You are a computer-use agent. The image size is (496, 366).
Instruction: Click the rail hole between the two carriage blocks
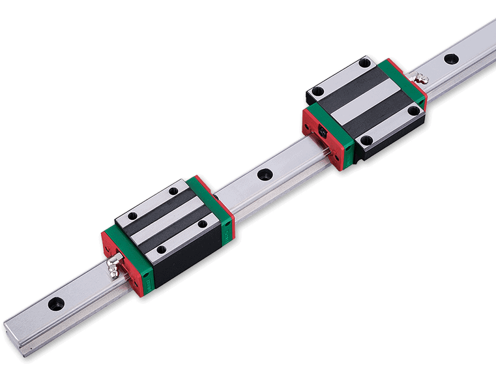click(265, 175)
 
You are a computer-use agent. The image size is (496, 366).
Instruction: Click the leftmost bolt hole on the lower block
click(133, 215)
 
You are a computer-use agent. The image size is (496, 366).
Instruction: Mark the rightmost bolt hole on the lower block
click(202, 224)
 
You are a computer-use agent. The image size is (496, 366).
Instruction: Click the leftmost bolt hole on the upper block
click(317, 91)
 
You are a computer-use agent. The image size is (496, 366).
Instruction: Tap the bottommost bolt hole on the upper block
click(366, 139)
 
